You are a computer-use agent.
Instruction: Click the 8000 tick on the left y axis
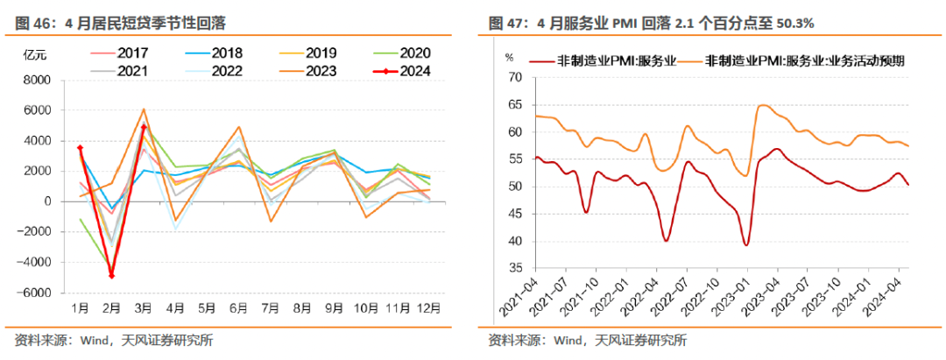36,80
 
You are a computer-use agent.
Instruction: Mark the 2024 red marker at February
112,276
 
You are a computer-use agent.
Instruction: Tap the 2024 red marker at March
144,127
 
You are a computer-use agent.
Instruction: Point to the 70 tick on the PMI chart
516,77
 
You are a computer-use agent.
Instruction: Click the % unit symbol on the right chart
509,58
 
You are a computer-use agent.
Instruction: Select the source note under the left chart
115,341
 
